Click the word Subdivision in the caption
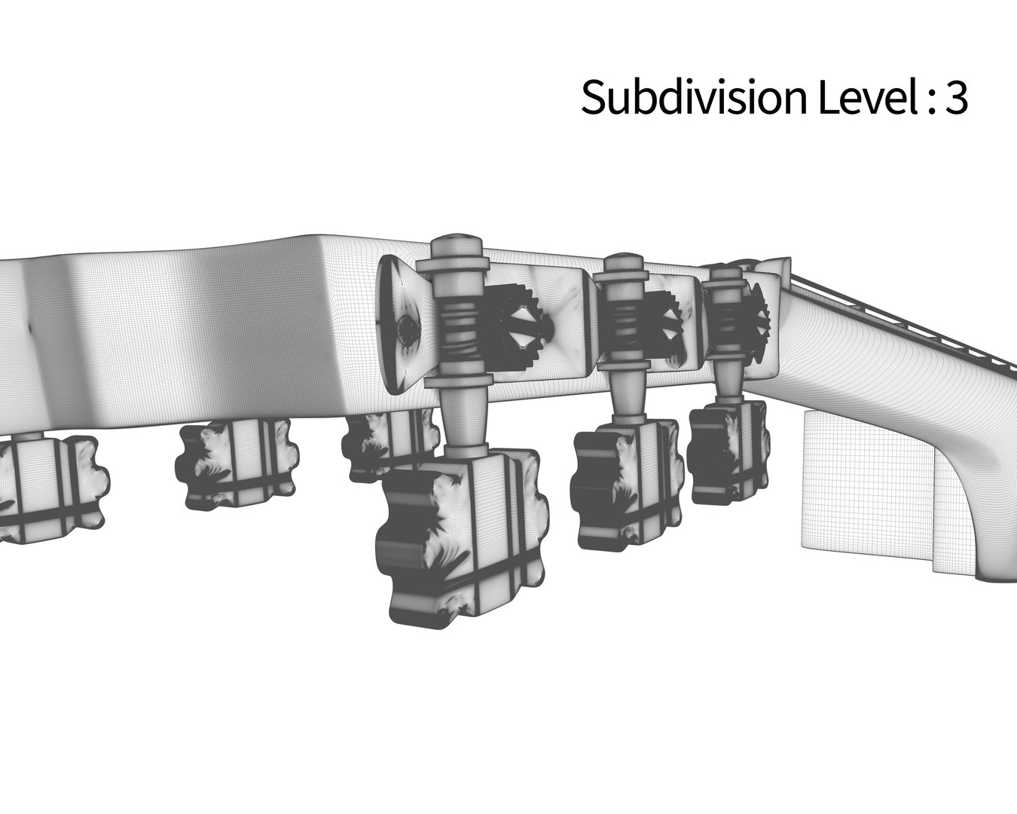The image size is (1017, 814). [694, 97]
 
